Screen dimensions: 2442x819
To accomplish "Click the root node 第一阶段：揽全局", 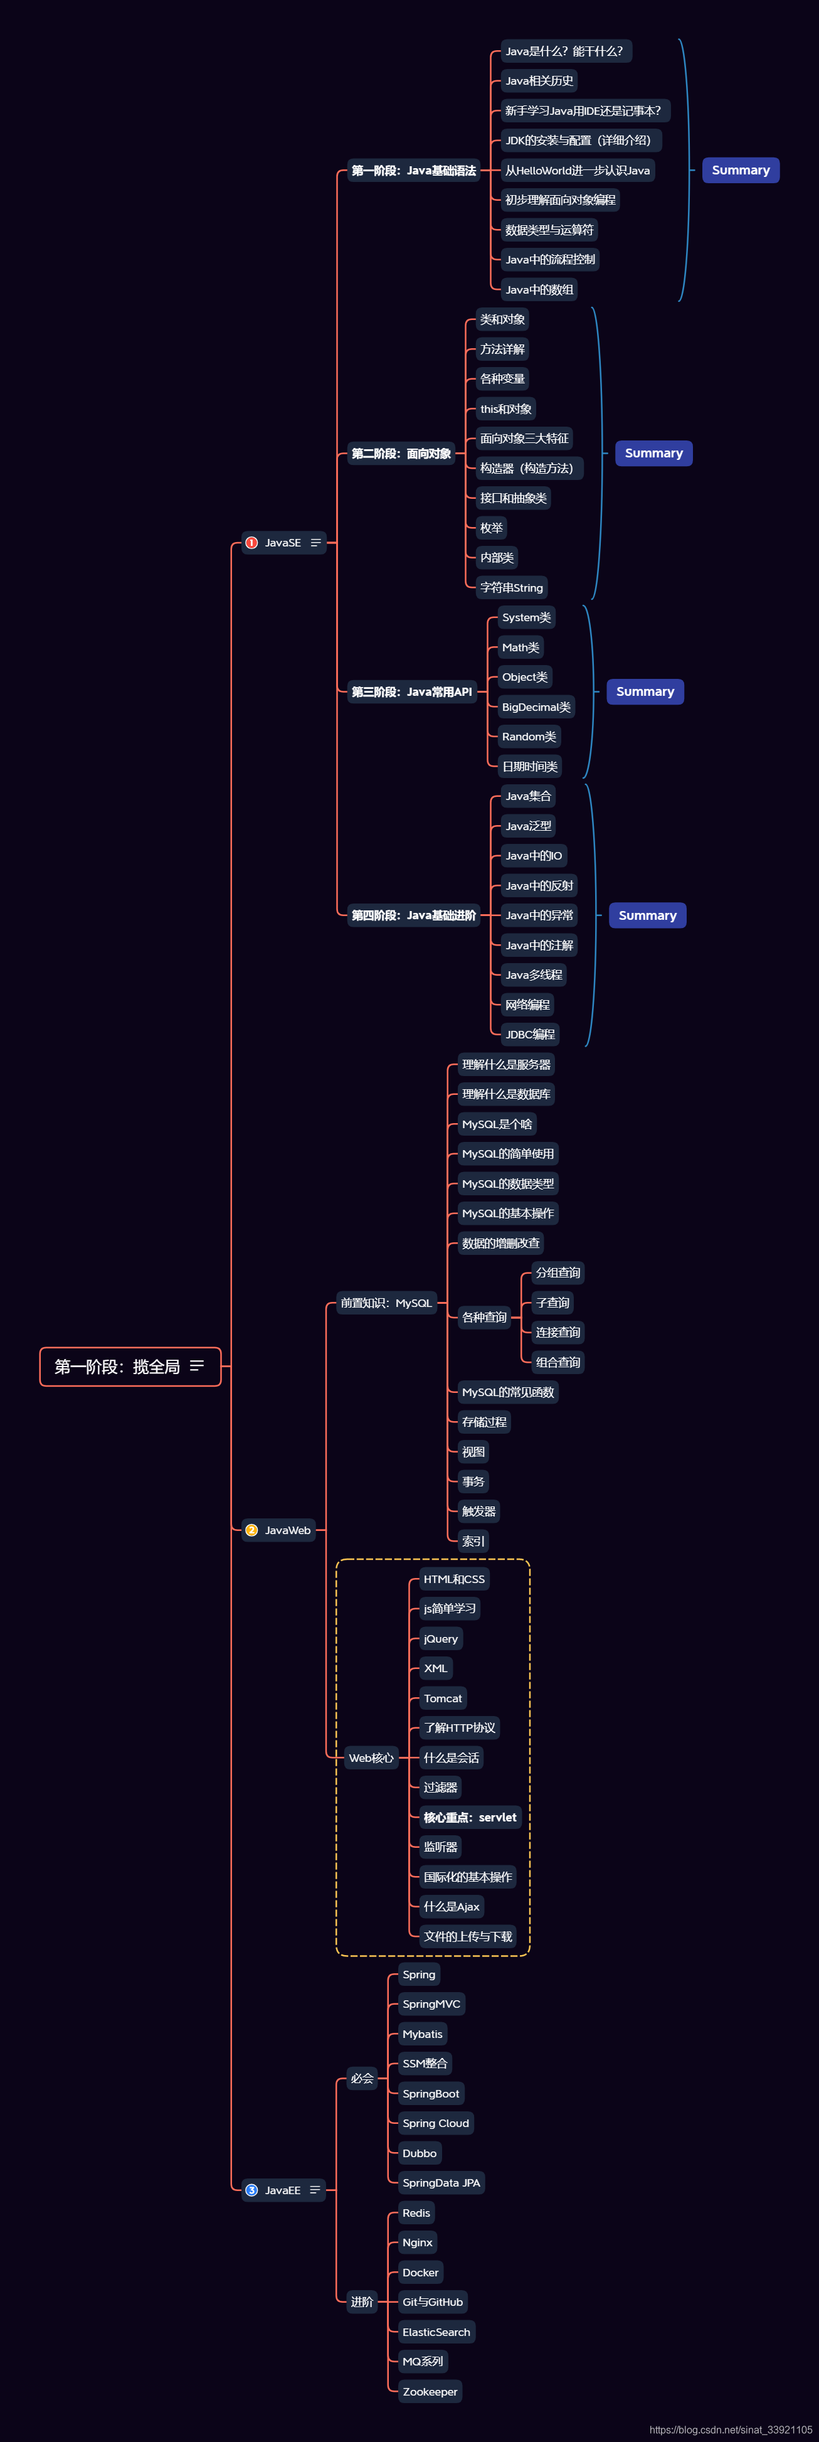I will click(129, 1366).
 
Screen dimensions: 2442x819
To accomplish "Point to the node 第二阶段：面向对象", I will click(401, 453).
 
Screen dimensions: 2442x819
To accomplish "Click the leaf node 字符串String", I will click(511, 588).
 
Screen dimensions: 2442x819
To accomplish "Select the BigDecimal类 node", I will click(536, 707).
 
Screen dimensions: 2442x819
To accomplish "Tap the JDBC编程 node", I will click(530, 1034).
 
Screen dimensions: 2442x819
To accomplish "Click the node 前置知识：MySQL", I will click(386, 1303).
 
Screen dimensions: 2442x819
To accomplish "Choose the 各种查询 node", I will click(483, 1317).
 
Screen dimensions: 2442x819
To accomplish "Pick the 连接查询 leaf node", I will click(557, 1332).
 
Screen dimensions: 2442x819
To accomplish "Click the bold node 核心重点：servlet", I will click(470, 1817).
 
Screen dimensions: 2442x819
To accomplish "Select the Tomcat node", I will click(443, 1698).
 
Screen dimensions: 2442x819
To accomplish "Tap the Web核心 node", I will click(371, 1757).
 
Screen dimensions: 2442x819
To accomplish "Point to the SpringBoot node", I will click(430, 2093).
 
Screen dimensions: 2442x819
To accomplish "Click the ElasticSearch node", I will click(436, 2332).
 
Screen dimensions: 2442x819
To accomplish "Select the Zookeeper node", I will click(430, 2392).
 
